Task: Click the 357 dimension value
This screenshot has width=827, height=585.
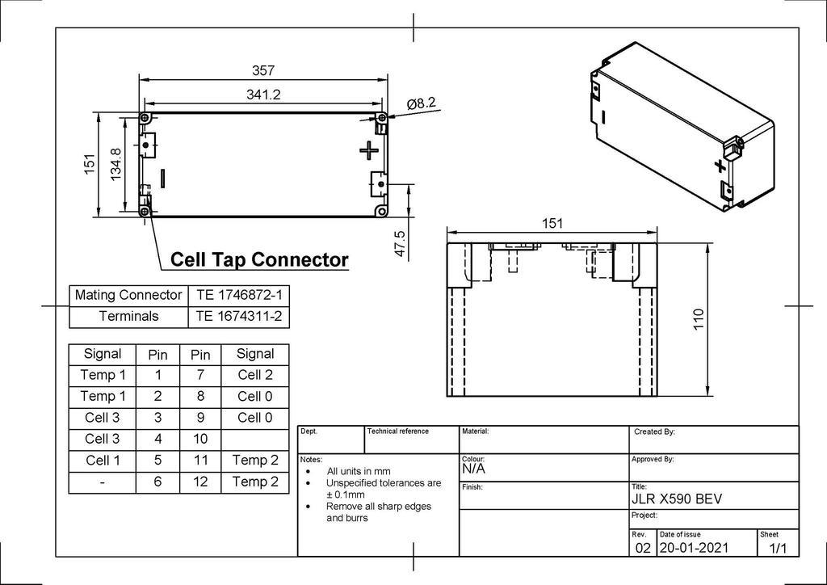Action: pyautogui.click(x=263, y=70)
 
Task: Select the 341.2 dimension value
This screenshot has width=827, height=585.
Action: pyautogui.click(x=263, y=95)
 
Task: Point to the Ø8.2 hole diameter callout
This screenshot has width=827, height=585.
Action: pyautogui.click(x=422, y=103)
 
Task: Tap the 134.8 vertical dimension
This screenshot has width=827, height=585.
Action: pyautogui.click(x=116, y=164)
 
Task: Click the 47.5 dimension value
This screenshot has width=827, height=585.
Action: pyautogui.click(x=401, y=244)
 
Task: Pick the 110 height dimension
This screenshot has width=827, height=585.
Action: pyautogui.click(x=699, y=320)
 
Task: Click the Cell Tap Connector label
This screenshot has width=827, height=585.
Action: pyautogui.click(x=259, y=259)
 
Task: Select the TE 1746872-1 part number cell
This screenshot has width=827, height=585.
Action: pyautogui.click(x=239, y=295)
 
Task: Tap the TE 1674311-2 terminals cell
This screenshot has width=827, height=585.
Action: pyautogui.click(x=239, y=317)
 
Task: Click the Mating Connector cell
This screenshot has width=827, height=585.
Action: pyautogui.click(x=128, y=295)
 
